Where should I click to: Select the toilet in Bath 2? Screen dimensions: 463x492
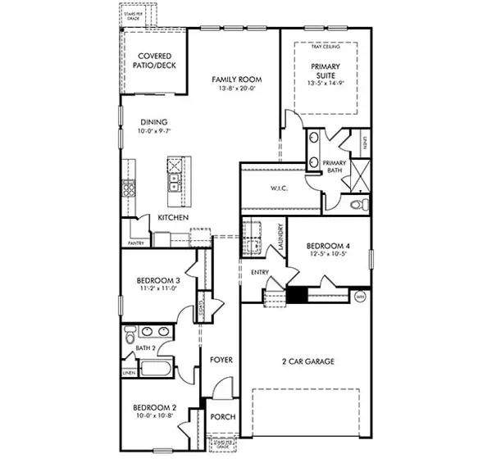pyautogui.click(x=129, y=338)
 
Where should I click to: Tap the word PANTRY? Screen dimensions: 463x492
pyautogui.click(x=136, y=243)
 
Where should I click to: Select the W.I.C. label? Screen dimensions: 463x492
pyautogui.click(x=277, y=188)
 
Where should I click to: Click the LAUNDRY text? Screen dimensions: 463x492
pyautogui.click(x=280, y=238)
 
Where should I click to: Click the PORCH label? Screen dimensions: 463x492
pyautogui.click(x=222, y=417)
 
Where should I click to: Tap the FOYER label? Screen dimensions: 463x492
pyautogui.click(x=221, y=360)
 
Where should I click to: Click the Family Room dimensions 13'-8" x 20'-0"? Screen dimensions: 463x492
pyautogui.click(x=236, y=89)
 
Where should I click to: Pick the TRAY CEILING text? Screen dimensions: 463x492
pyautogui.click(x=326, y=47)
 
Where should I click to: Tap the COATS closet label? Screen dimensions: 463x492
pyautogui.click(x=202, y=309)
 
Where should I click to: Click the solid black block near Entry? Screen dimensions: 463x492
pyautogui.click(x=296, y=295)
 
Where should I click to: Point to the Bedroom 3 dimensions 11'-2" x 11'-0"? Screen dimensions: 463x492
pyautogui.click(x=158, y=289)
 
